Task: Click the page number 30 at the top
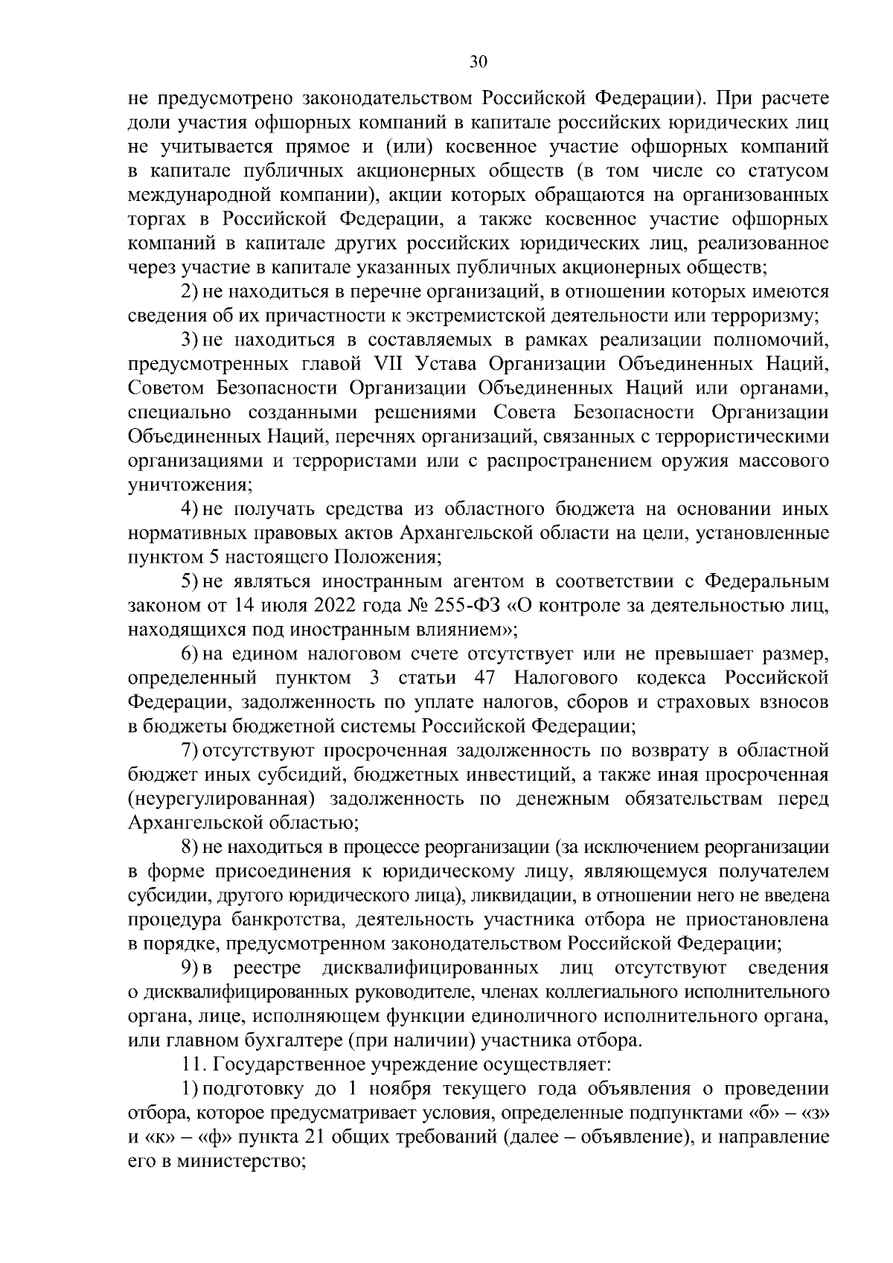click(x=478, y=63)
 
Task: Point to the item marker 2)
click(x=189, y=292)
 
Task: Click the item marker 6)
click(x=189, y=655)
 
